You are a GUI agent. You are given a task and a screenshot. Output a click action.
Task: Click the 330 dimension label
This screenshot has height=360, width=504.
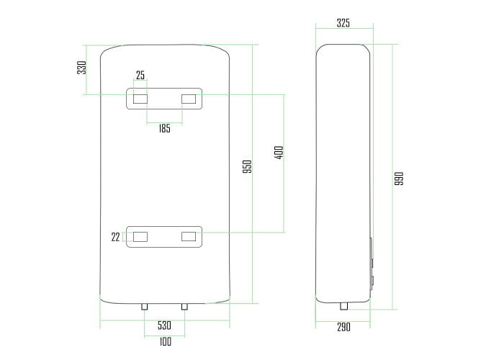[x=81, y=68]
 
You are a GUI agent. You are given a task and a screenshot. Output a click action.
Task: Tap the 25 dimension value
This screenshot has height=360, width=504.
[x=140, y=75]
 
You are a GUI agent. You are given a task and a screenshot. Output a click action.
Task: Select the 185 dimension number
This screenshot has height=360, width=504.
[x=165, y=129]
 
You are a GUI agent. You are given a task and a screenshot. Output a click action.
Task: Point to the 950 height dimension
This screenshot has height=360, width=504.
[x=247, y=167]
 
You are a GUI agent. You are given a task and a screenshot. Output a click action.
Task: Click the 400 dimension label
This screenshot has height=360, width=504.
[x=279, y=153]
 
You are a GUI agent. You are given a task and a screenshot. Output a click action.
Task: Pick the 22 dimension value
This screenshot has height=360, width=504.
[x=115, y=237]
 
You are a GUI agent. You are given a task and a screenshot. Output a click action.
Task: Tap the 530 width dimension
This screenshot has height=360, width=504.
[x=164, y=325]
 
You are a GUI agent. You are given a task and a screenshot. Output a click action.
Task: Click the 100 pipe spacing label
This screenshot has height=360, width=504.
[x=165, y=341]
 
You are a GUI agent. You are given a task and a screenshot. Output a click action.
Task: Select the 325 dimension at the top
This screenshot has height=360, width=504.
[x=343, y=23]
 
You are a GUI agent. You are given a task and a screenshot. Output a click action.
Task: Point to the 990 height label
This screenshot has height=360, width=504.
[x=399, y=179]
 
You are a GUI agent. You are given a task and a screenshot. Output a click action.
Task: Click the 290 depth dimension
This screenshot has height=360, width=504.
[x=343, y=327]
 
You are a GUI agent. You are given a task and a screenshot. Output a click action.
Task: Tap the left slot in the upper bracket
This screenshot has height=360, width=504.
[x=140, y=99]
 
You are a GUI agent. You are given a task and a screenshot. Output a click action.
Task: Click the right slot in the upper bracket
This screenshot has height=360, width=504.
[x=189, y=99]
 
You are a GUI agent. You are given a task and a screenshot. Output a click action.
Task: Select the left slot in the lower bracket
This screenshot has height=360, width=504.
[x=140, y=237]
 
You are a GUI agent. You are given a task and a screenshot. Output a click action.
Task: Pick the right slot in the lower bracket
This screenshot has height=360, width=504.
[x=189, y=237]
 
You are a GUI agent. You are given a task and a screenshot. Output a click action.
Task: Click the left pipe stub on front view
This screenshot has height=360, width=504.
[x=145, y=307]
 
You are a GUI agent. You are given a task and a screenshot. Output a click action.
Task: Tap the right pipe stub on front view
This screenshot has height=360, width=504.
[x=184, y=307]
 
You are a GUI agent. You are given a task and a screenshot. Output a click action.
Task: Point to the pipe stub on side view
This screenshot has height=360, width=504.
[x=344, y=306]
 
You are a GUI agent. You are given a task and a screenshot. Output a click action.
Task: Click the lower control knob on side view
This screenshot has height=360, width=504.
[x=372, y=281]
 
